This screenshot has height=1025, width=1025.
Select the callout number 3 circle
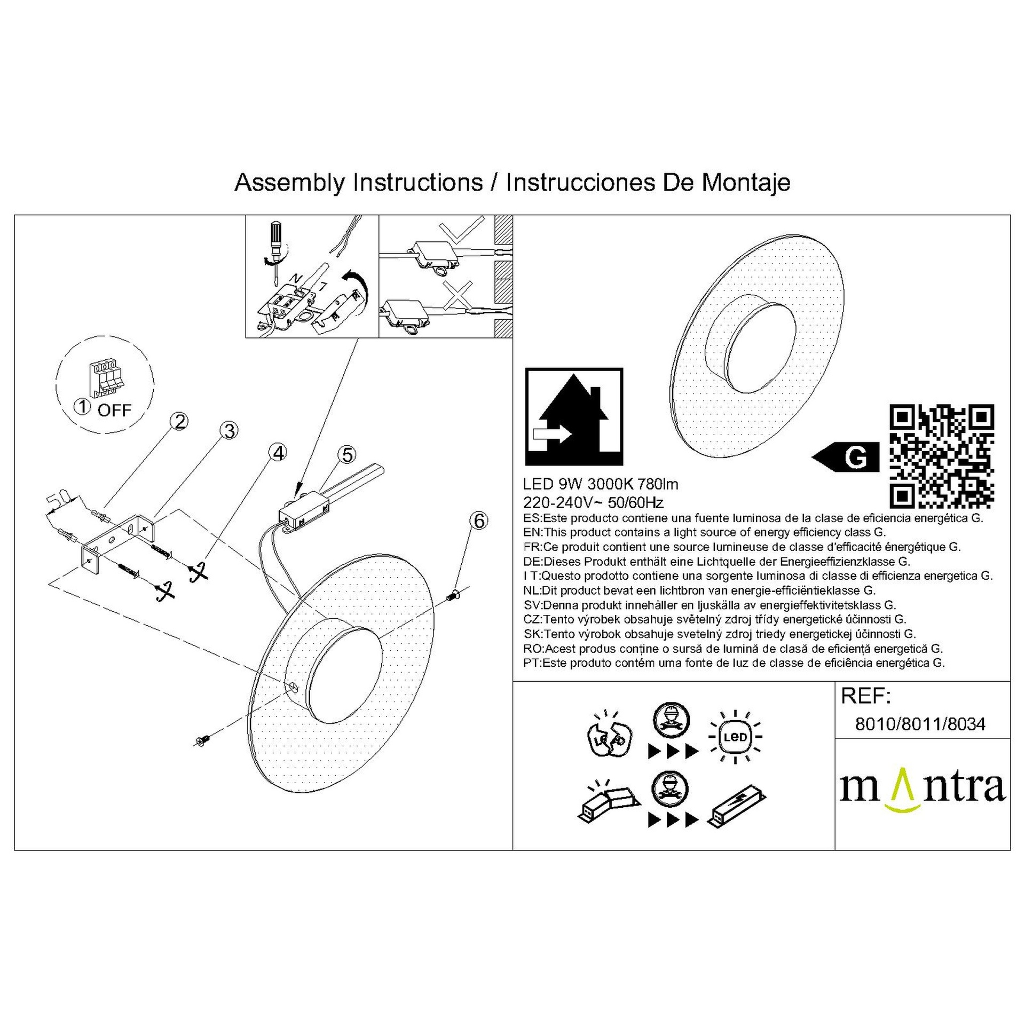click(x=230, y=431)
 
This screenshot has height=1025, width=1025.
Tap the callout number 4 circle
click(x=278, y=453)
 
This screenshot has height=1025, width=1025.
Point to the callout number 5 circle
click(x=348, y=455)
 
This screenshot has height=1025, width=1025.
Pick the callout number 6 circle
click(x=479, y=521)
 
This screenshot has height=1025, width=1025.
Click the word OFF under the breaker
click(x=115, y=410)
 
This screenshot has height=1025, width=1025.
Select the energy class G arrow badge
click(x=845, y=457)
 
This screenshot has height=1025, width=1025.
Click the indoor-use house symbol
click(x=574, y=416)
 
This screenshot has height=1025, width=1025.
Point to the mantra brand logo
click(x=922, y=789)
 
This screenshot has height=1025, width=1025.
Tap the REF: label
click(x=865, y=696)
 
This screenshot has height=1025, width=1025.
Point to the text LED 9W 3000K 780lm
click(x=601, y=484)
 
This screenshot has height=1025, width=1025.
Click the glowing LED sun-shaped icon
click(x=736, y=737)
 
